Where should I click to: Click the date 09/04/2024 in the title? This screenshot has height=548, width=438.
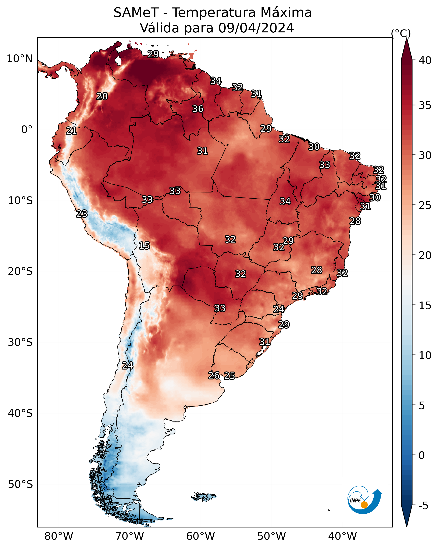click(x=256, y=28)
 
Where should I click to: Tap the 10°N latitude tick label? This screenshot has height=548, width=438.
click(x=19, y=59)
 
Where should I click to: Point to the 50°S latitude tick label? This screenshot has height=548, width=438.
click(x=20, y=484)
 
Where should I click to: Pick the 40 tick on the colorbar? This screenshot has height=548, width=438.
click(x=425, y=60)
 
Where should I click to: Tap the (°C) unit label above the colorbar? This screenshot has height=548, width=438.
click(x=401, y=33)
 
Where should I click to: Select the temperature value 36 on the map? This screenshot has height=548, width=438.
click(x=198, y=109)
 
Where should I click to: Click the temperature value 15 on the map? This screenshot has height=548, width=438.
click(x=144, y=246)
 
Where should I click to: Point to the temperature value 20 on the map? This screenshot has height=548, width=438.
click(x=102, y=96)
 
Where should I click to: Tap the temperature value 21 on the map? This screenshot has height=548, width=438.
click(x=71, y=131)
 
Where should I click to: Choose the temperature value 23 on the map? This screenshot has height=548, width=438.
click(x=82, y=214)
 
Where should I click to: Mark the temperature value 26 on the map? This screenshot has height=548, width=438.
click(x=214, y=376)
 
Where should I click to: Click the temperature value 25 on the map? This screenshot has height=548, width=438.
click(x=229, y=376)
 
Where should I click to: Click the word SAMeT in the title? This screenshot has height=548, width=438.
click(x=136, y=13)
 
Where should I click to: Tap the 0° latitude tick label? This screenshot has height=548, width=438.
click(x=27, y=130)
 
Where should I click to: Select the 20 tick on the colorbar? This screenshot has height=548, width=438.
click(x=425, y=255)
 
